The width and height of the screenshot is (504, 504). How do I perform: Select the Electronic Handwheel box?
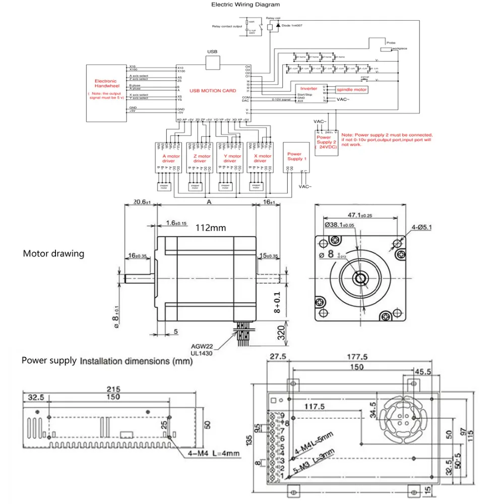coord(106,93)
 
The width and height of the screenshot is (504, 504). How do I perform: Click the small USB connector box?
coord(214,62)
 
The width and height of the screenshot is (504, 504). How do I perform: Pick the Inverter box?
coord(308,89)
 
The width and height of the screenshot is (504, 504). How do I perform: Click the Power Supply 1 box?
coord(294,157)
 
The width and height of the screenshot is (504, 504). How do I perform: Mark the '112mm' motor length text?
coord(211,228)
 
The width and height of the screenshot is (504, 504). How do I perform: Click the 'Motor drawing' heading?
coord(53,253)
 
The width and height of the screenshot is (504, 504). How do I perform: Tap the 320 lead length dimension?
coord(281,332)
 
